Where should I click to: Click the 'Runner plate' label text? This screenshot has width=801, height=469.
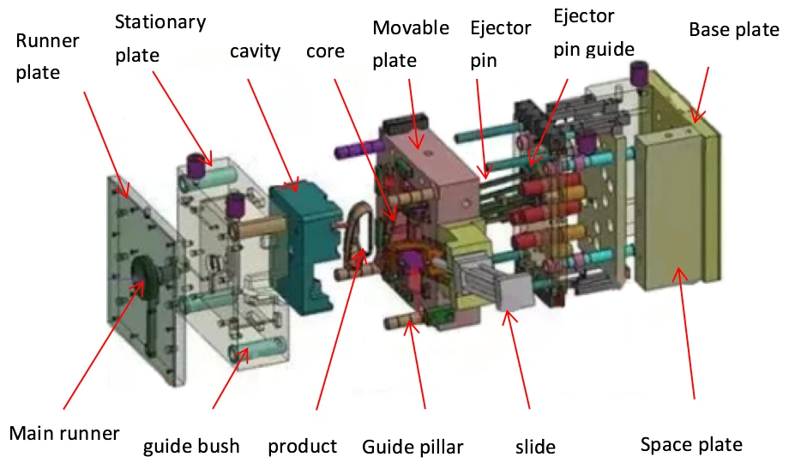47,57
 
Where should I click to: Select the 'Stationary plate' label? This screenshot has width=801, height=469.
160,39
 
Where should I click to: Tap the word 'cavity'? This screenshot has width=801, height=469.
255,51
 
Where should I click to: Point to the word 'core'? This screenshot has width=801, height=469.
325,51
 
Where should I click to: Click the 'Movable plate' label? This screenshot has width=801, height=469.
411,44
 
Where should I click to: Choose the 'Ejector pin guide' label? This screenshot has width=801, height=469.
593,33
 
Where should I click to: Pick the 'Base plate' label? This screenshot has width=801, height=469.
734,30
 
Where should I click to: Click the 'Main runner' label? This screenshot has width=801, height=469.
64,433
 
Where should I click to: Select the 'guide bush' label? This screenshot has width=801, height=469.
191,446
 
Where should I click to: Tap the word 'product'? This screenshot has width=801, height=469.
303,447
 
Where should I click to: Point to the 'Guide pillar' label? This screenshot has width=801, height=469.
413,447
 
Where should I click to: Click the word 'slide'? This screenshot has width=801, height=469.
535,447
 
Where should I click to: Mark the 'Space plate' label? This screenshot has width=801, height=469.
691,445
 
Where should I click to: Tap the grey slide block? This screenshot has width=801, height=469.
515,292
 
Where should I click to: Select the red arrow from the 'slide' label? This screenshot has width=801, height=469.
516,359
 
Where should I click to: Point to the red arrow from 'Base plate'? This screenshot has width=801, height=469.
700,94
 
